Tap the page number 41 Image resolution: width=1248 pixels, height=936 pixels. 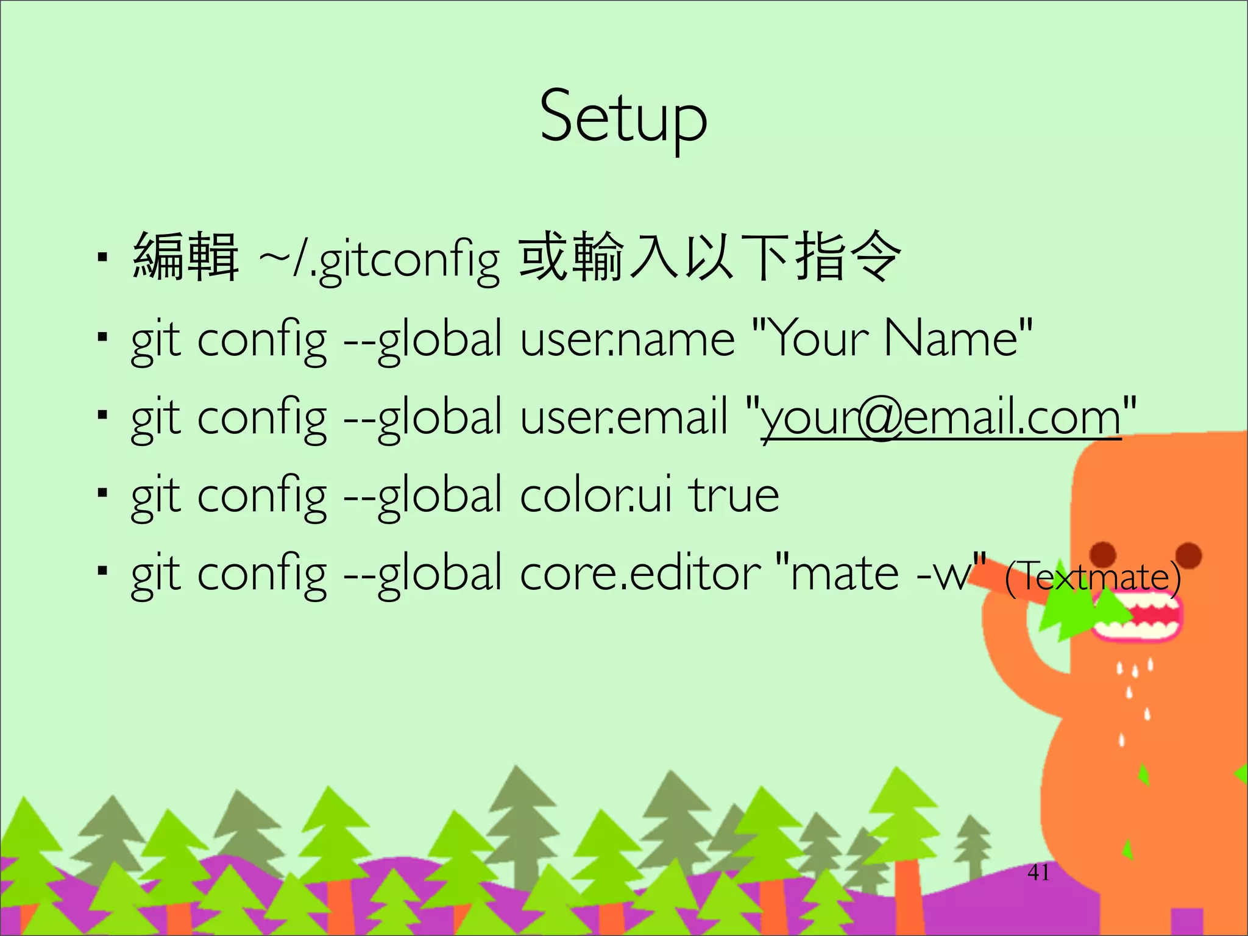coord(1038,873)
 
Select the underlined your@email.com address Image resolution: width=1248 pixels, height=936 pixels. coord(941,418)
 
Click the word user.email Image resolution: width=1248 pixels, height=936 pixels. coord(624,417)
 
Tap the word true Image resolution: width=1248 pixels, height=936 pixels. coord(734,495)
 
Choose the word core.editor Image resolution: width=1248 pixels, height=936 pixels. coord(640,573)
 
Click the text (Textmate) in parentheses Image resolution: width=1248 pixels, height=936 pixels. coord(1092,576)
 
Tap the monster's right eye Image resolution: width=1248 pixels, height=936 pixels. coord(1188,555)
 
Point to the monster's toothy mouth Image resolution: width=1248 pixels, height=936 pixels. coord(1137,616)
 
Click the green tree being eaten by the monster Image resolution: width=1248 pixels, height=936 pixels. coord(1072,615)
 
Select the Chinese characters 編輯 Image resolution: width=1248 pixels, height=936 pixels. coord(185,257)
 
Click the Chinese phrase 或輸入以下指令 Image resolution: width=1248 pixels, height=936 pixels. coord(709,257)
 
